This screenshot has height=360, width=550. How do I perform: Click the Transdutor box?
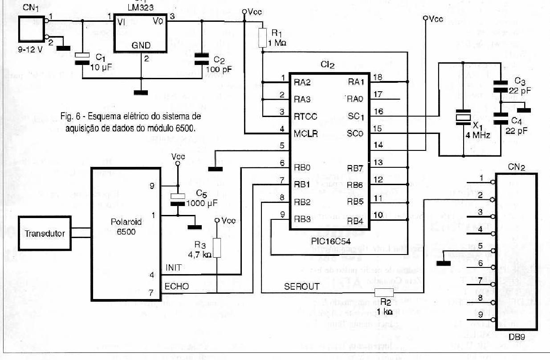point(45,233)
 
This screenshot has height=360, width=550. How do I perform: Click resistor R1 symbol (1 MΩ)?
point(263,38)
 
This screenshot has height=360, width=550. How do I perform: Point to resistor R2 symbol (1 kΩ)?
point(384,292)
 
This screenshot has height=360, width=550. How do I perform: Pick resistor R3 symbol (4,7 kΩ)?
point(217,247)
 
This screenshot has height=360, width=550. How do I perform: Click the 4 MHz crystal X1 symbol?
point(463,117)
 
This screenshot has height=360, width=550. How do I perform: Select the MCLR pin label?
point(306,133)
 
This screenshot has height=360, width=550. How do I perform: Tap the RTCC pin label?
point(306,116)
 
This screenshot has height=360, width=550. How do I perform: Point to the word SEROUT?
point(301,287)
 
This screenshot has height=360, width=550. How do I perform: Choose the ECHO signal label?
point(176,286)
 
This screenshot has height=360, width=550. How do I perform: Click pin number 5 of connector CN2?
point(480,246)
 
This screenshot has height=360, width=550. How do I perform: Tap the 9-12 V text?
point(31,49)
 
